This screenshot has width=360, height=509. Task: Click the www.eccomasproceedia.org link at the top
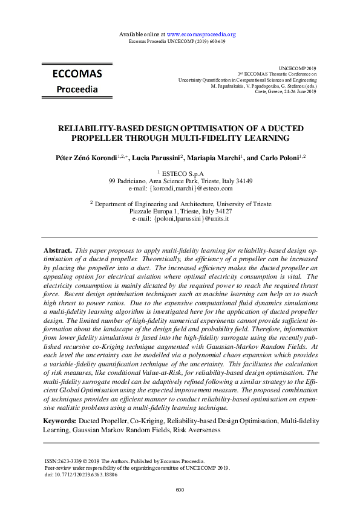201,34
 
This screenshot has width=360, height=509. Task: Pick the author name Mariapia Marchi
217,157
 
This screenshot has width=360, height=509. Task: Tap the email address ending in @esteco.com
180,189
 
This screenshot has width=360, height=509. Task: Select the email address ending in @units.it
180,219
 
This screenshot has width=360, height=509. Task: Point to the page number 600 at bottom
180,489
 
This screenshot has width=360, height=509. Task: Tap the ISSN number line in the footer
125,461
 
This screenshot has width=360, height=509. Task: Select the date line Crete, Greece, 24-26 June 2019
286,91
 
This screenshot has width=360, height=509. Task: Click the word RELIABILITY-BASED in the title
99,129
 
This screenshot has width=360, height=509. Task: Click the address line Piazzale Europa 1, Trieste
180,212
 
